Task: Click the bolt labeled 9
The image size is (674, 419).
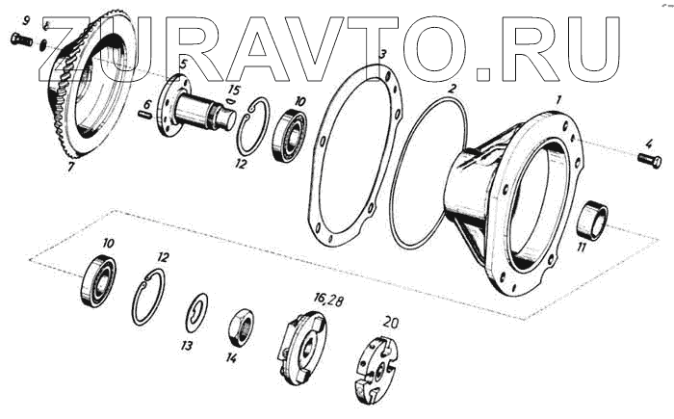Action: point(21,40)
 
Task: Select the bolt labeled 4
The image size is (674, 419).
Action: point(649,161)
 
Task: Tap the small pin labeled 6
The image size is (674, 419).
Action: point(145,115)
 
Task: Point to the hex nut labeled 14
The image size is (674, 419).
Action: point(241,327)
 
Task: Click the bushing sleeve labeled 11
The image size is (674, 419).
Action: point(591,218)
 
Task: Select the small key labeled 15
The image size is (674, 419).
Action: point(230,101)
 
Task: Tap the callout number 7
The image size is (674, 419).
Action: point(71,166)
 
